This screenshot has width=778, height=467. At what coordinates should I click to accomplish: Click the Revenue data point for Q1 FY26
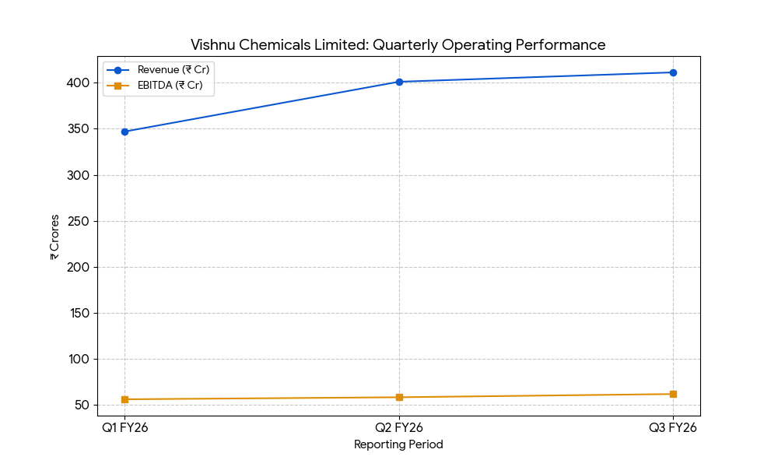point(124,132)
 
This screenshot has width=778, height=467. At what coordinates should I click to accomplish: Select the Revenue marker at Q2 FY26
point(399,82)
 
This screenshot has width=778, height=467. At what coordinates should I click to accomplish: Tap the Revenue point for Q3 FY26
point(673,72)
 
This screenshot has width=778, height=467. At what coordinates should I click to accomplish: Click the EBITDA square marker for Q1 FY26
point(124,399)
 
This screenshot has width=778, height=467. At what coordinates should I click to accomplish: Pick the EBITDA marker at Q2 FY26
point(399,397)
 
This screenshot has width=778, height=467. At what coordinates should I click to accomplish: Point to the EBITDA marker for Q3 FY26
point(673,394)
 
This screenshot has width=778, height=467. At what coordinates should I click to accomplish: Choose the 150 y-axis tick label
point(79,313)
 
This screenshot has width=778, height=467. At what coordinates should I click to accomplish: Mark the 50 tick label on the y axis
point(82,405)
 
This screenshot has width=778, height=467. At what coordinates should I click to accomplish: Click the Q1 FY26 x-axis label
point(124,427)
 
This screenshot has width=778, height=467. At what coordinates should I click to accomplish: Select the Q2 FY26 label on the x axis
point(399,427)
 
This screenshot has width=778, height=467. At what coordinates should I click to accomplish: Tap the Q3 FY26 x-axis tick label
point(673,427)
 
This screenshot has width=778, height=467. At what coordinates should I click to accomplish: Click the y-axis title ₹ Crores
point(54,236)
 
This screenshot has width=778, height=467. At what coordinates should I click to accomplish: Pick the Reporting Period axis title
point(398,444)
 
